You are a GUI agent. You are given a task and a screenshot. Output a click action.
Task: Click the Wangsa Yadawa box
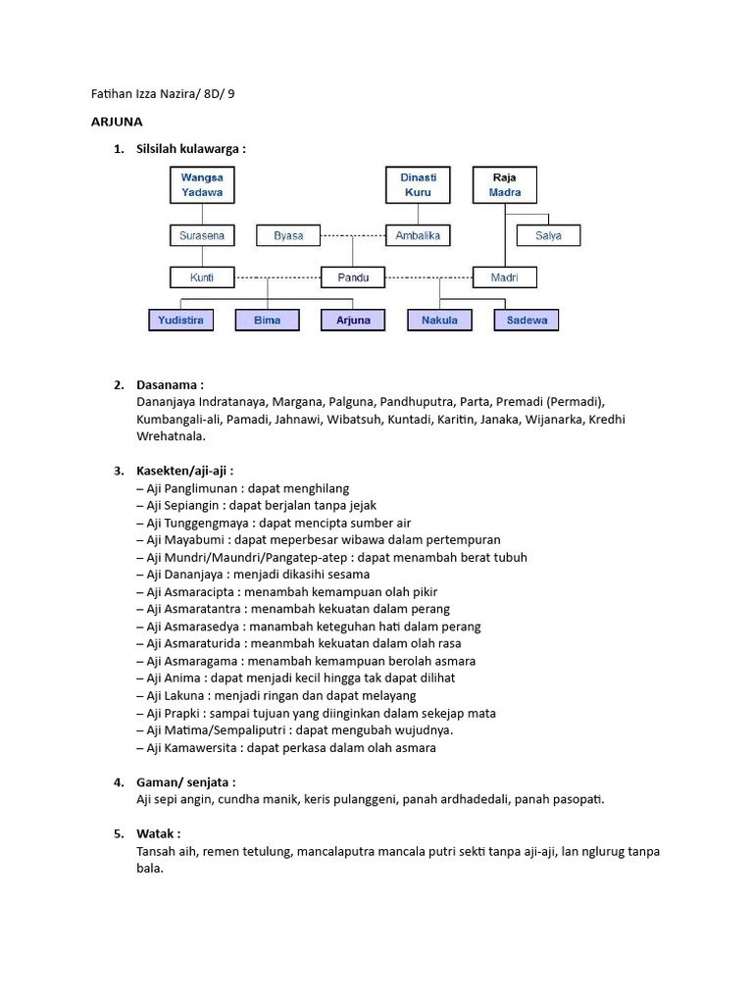click(x=202, y=184)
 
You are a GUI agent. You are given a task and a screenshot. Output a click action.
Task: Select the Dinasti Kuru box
click(x=418, y=184)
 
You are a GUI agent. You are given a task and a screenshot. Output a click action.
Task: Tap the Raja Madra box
click(x=505, y=184)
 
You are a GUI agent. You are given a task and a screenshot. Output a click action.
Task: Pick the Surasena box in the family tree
click(x=202, y=235)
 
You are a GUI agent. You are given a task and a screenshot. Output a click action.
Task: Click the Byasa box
click(x=288, y=235)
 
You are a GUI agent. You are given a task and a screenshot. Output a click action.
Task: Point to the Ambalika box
click(x=418, y=235)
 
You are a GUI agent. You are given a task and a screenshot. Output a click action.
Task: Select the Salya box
click(x=548, y=235)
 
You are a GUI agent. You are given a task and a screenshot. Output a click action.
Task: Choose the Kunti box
click(x=202, y=277)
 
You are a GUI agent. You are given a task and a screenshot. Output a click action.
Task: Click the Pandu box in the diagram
click(x=353, y=277)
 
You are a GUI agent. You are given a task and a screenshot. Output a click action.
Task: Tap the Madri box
click(x=505, y=277)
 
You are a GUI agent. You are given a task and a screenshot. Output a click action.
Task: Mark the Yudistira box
click(x=180, y=320)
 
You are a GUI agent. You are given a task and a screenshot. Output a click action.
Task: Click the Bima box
click(x=267, y=320)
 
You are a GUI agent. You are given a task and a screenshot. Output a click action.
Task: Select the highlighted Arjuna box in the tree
click(x=353, y=320)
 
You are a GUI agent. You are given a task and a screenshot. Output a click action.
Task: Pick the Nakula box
click(x=439, y=320)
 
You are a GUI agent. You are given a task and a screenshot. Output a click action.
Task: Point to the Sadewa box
click(x=527, y=320)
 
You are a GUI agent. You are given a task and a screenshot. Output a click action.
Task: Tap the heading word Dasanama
click(x=169, y=384)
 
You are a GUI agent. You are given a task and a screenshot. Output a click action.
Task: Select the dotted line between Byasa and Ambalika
click(x=353, y=235)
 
